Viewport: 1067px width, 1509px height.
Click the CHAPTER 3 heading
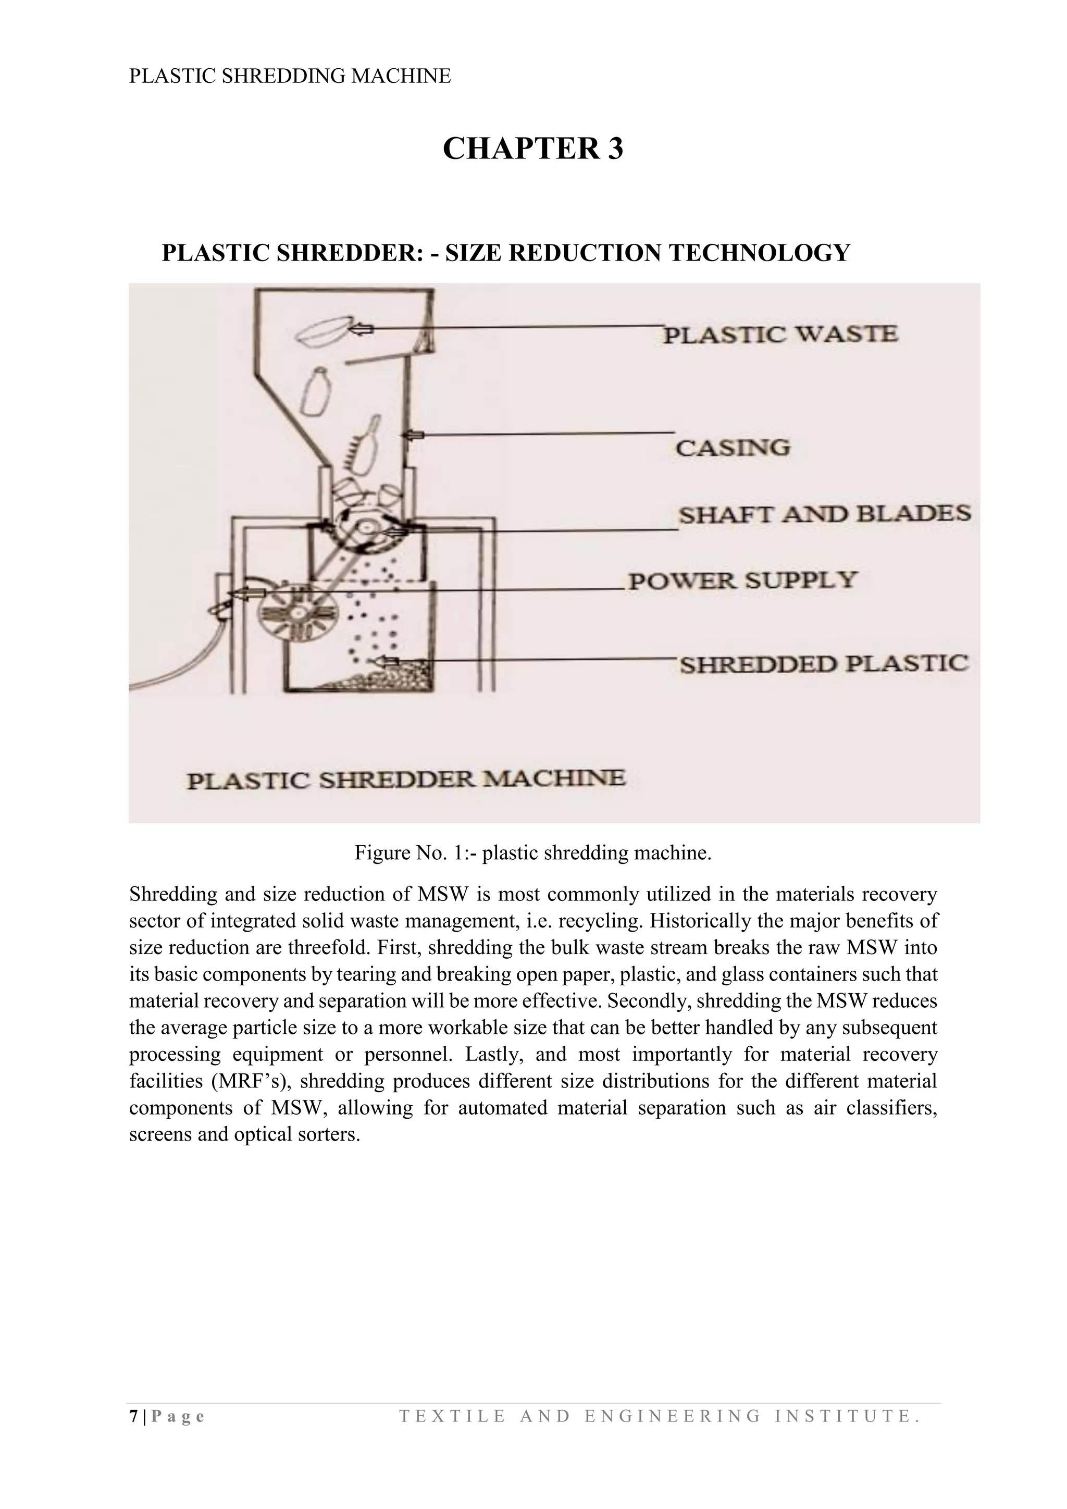pyautogui.click(x=533, y=149)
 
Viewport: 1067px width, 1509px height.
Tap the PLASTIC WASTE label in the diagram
pyautogui.click(x=780, y=335)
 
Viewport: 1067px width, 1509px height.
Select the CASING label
pyautogui.click(x=733, y=448)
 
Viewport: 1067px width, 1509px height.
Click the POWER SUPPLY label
pyautogui.click(x=743, y=580)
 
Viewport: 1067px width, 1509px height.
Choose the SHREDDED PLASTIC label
pyautogui.click(x=824, y=664)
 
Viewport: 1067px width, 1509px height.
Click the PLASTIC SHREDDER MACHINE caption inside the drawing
pyautogui.click(x=406, y=780)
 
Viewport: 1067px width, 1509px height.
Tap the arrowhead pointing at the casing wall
pyautogui.click(x=412, y=435)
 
